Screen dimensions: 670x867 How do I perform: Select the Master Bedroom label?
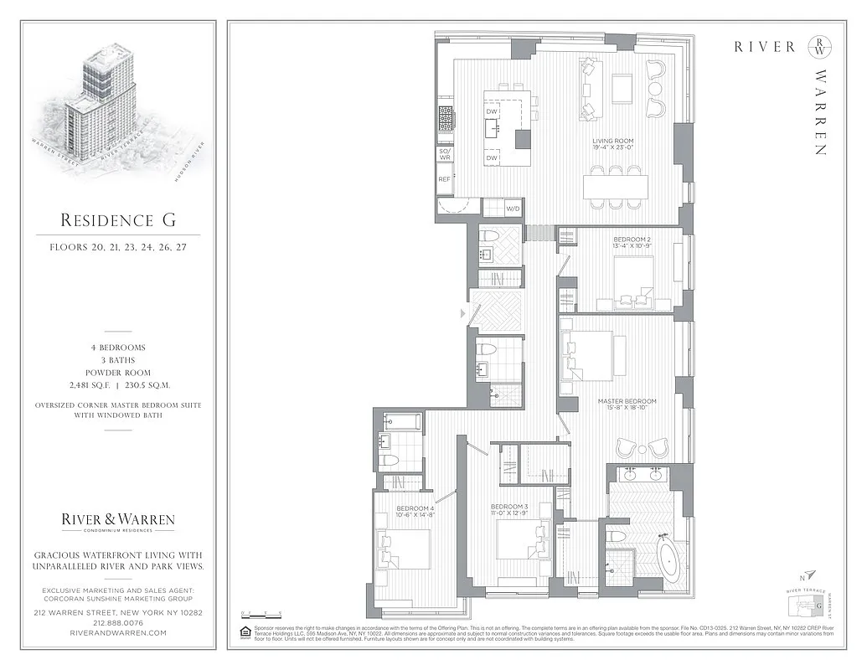(627, 405)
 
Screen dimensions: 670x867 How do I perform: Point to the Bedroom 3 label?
(509, 510)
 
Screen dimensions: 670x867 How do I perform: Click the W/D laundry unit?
(512, 209)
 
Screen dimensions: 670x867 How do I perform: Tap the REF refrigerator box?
(444, 179)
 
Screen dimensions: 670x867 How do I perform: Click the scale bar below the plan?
(257, 615)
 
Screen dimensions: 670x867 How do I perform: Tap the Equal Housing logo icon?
(245, 631)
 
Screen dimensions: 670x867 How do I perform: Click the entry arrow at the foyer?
(462, 313)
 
